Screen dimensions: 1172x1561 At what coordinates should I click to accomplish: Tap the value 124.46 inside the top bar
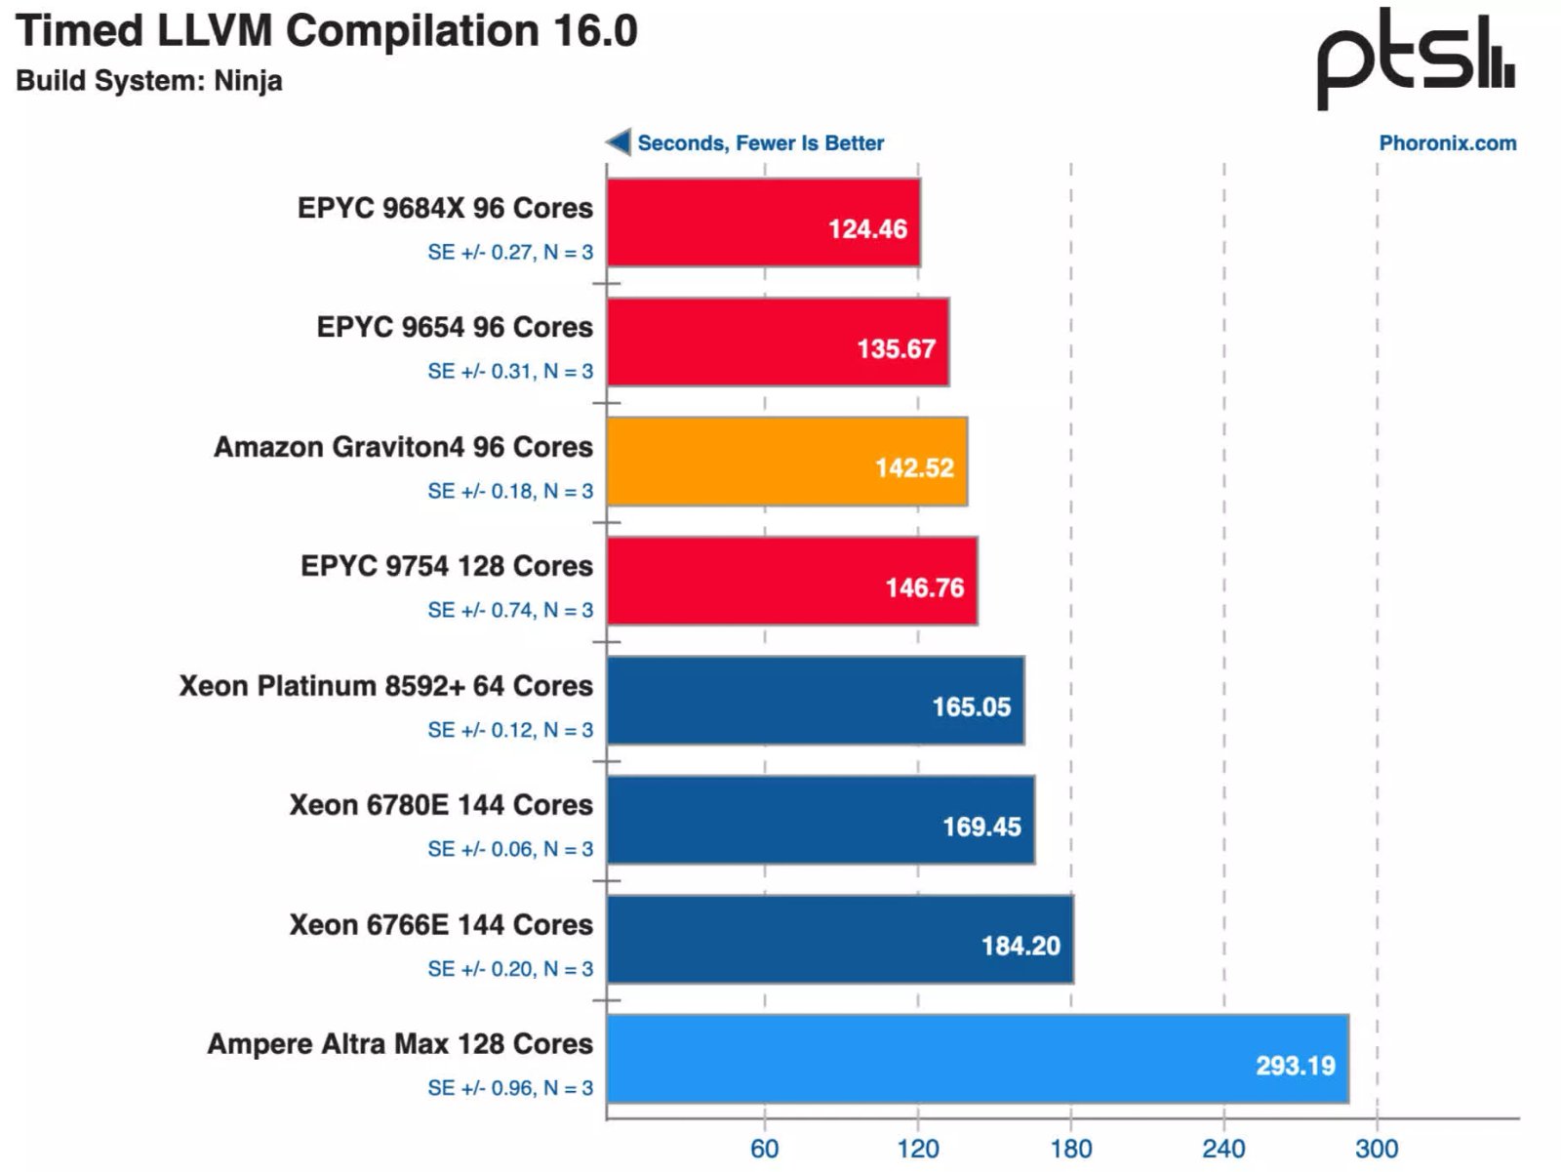click(x=867, y=229)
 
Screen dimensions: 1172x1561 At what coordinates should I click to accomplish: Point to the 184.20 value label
click(x=1020, y=946)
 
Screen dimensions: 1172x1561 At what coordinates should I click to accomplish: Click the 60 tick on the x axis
click(x=764, y=1149)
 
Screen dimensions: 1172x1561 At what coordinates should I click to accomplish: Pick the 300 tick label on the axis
click(x=1376, y=1149)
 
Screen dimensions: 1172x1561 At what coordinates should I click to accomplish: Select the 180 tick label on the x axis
click(x=1070, y=1149)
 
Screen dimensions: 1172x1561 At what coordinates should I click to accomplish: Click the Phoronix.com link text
click(x=1447, y=143)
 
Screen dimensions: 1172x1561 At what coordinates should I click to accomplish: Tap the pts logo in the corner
click(x=1415, y=59)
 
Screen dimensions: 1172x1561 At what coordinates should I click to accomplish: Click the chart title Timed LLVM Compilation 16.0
click(x=327, y=31)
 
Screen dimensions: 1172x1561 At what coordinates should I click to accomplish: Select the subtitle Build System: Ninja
click(x=149, y=80)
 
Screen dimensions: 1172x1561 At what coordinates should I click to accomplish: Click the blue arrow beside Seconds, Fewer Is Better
click(x=619, y=142)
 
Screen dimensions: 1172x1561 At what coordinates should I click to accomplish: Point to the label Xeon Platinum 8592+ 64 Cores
click(x=385, y=686)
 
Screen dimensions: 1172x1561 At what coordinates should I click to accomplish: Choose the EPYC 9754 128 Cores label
click(x=446, y=566)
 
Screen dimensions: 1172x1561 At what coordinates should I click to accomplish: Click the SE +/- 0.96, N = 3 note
click(x=509, y=1088)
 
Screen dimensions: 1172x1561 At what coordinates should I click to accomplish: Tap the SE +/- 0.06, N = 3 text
click(x=509, y=849)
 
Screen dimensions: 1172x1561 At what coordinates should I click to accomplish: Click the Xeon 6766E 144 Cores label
click(x=440, y=924)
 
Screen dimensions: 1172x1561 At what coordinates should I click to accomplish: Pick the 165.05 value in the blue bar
click(x=971, y=707)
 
